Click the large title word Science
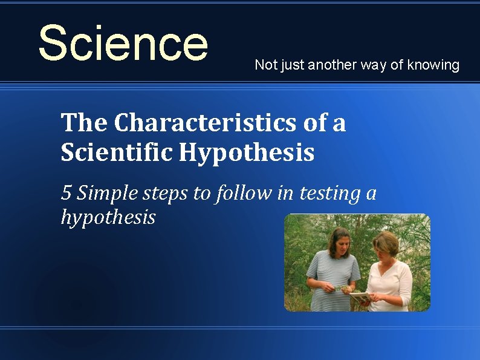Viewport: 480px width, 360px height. pos(123,43)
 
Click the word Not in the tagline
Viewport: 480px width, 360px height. pos(264,65)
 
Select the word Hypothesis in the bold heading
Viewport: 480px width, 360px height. pos(246,153)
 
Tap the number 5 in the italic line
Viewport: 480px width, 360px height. pos(66,193)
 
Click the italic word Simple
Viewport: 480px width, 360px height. pos(109,194)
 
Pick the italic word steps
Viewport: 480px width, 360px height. pos(165,194)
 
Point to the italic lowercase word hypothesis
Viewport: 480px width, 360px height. pos(108,217)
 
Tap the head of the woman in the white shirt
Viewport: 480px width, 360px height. pos(384,245)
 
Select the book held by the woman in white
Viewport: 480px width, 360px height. pos(361,296)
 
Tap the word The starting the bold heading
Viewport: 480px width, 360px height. pos(85,123)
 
